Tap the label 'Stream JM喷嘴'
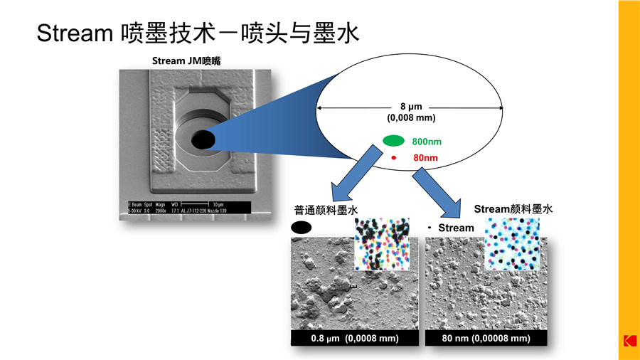pyautogui.click(x=186, y=61)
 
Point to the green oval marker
pyautogui.click(x=393, y=141)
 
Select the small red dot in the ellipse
pyautogui.click(x=393, y=157)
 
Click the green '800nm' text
pyautogui.click(x=427, y=142)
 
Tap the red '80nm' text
pyautogui.click(x=425, y=157)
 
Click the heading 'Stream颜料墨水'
pyautogui.click(x=513, y=209)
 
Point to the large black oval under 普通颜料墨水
pyautogui.click(x=302, y=228)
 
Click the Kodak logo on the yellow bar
pyautogui.click(x=629, y=342)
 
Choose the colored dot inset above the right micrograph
pyautogui.click(x=511, y=244)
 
